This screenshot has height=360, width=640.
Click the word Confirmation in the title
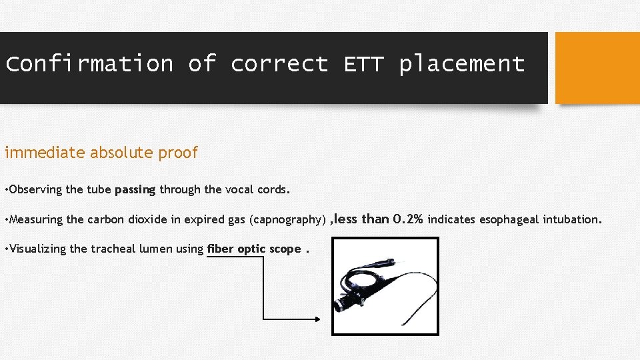[89, 64]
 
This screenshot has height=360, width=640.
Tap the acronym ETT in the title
[364, 64]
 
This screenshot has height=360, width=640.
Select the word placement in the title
[462, 64]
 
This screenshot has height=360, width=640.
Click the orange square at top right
[597, 68]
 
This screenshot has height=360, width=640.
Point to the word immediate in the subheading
[45, 153]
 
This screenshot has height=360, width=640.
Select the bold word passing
[135, 189]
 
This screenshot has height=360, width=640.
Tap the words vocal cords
[256, 189]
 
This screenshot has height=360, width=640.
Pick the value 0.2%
[408, 219]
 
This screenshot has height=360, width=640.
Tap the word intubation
[573, 219]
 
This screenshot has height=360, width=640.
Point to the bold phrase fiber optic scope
[254, 249]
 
